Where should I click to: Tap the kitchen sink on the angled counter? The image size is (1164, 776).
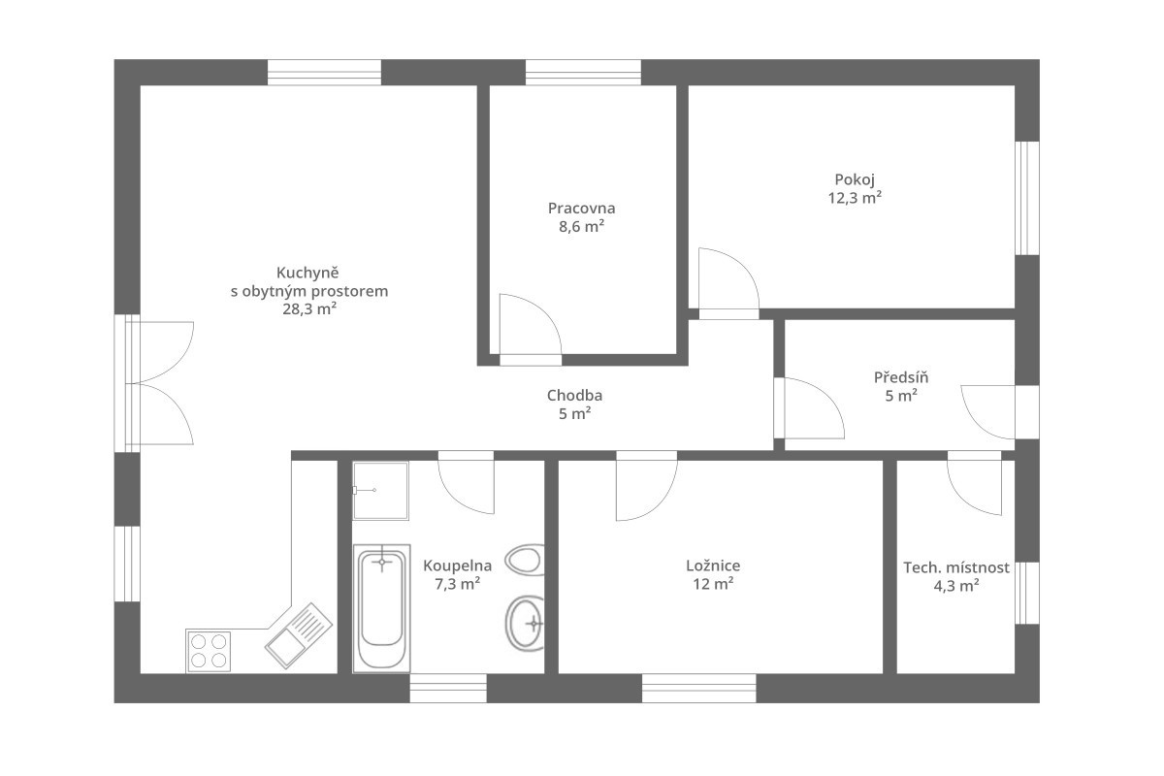click(299, 634)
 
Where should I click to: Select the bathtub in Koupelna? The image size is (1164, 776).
click(382, 608)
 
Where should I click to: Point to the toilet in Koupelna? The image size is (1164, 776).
click(524, 560)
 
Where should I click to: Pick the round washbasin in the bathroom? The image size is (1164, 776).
click(525, 620)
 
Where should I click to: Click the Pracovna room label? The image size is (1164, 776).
click(581, 208)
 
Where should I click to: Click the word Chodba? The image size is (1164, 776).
click(574, 395)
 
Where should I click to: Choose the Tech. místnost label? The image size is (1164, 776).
click(955, 567)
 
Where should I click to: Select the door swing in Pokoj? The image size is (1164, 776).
click(727, 281)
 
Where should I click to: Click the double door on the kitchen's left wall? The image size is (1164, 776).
click(160, 383)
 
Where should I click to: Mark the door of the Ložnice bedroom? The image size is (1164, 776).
click(645, 485)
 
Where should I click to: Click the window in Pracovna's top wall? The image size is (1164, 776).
click(583, 73)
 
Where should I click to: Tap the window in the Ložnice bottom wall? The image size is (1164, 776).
click(698, 688)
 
